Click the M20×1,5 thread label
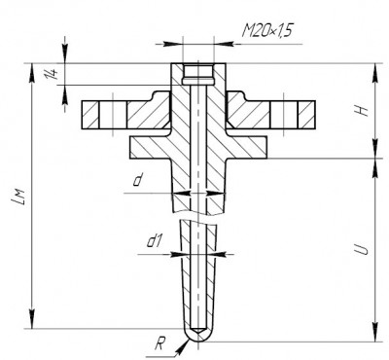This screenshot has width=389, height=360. [x=267, y=31]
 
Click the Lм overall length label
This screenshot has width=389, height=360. [x=17, y=196]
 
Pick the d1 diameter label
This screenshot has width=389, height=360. [x=154, y=241]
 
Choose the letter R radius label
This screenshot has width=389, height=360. [x=159, y=344]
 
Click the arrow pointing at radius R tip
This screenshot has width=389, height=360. [x=183, y=346]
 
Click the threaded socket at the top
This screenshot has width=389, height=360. [x=198, y=74]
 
